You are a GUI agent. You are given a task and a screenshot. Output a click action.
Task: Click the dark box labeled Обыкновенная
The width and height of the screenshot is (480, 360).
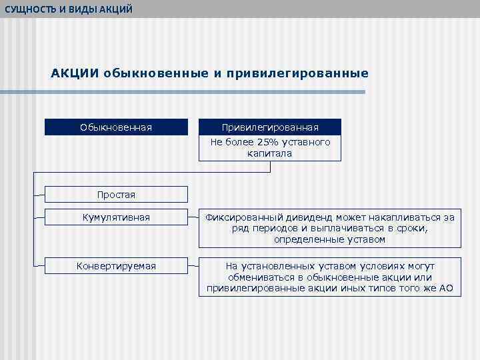(116, 127)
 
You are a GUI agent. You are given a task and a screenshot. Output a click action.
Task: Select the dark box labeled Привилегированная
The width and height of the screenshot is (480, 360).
(270, 127)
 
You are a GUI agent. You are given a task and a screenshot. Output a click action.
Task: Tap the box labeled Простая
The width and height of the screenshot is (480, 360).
(116, 195)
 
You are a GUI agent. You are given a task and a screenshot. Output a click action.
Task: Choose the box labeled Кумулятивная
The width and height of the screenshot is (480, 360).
(116, 217)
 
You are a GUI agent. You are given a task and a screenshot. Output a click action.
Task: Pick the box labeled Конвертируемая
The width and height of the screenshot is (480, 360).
(116, 266)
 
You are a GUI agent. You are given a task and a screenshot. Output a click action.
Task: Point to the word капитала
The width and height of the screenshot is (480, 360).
(270, 153)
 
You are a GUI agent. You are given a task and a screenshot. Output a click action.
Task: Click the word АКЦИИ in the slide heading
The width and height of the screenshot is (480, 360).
(75, 73)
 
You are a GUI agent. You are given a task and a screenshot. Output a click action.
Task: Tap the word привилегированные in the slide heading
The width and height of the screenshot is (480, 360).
(297, 73)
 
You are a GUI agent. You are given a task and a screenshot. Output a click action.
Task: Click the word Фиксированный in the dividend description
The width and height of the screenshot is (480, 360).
(243, 217)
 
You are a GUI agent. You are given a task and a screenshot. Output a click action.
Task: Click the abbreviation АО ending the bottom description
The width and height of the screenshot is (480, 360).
(445, 289)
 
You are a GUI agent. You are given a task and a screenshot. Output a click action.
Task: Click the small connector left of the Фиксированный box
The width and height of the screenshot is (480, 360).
(193, 217)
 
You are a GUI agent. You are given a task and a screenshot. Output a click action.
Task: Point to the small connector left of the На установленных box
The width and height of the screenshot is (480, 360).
(193, 266)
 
